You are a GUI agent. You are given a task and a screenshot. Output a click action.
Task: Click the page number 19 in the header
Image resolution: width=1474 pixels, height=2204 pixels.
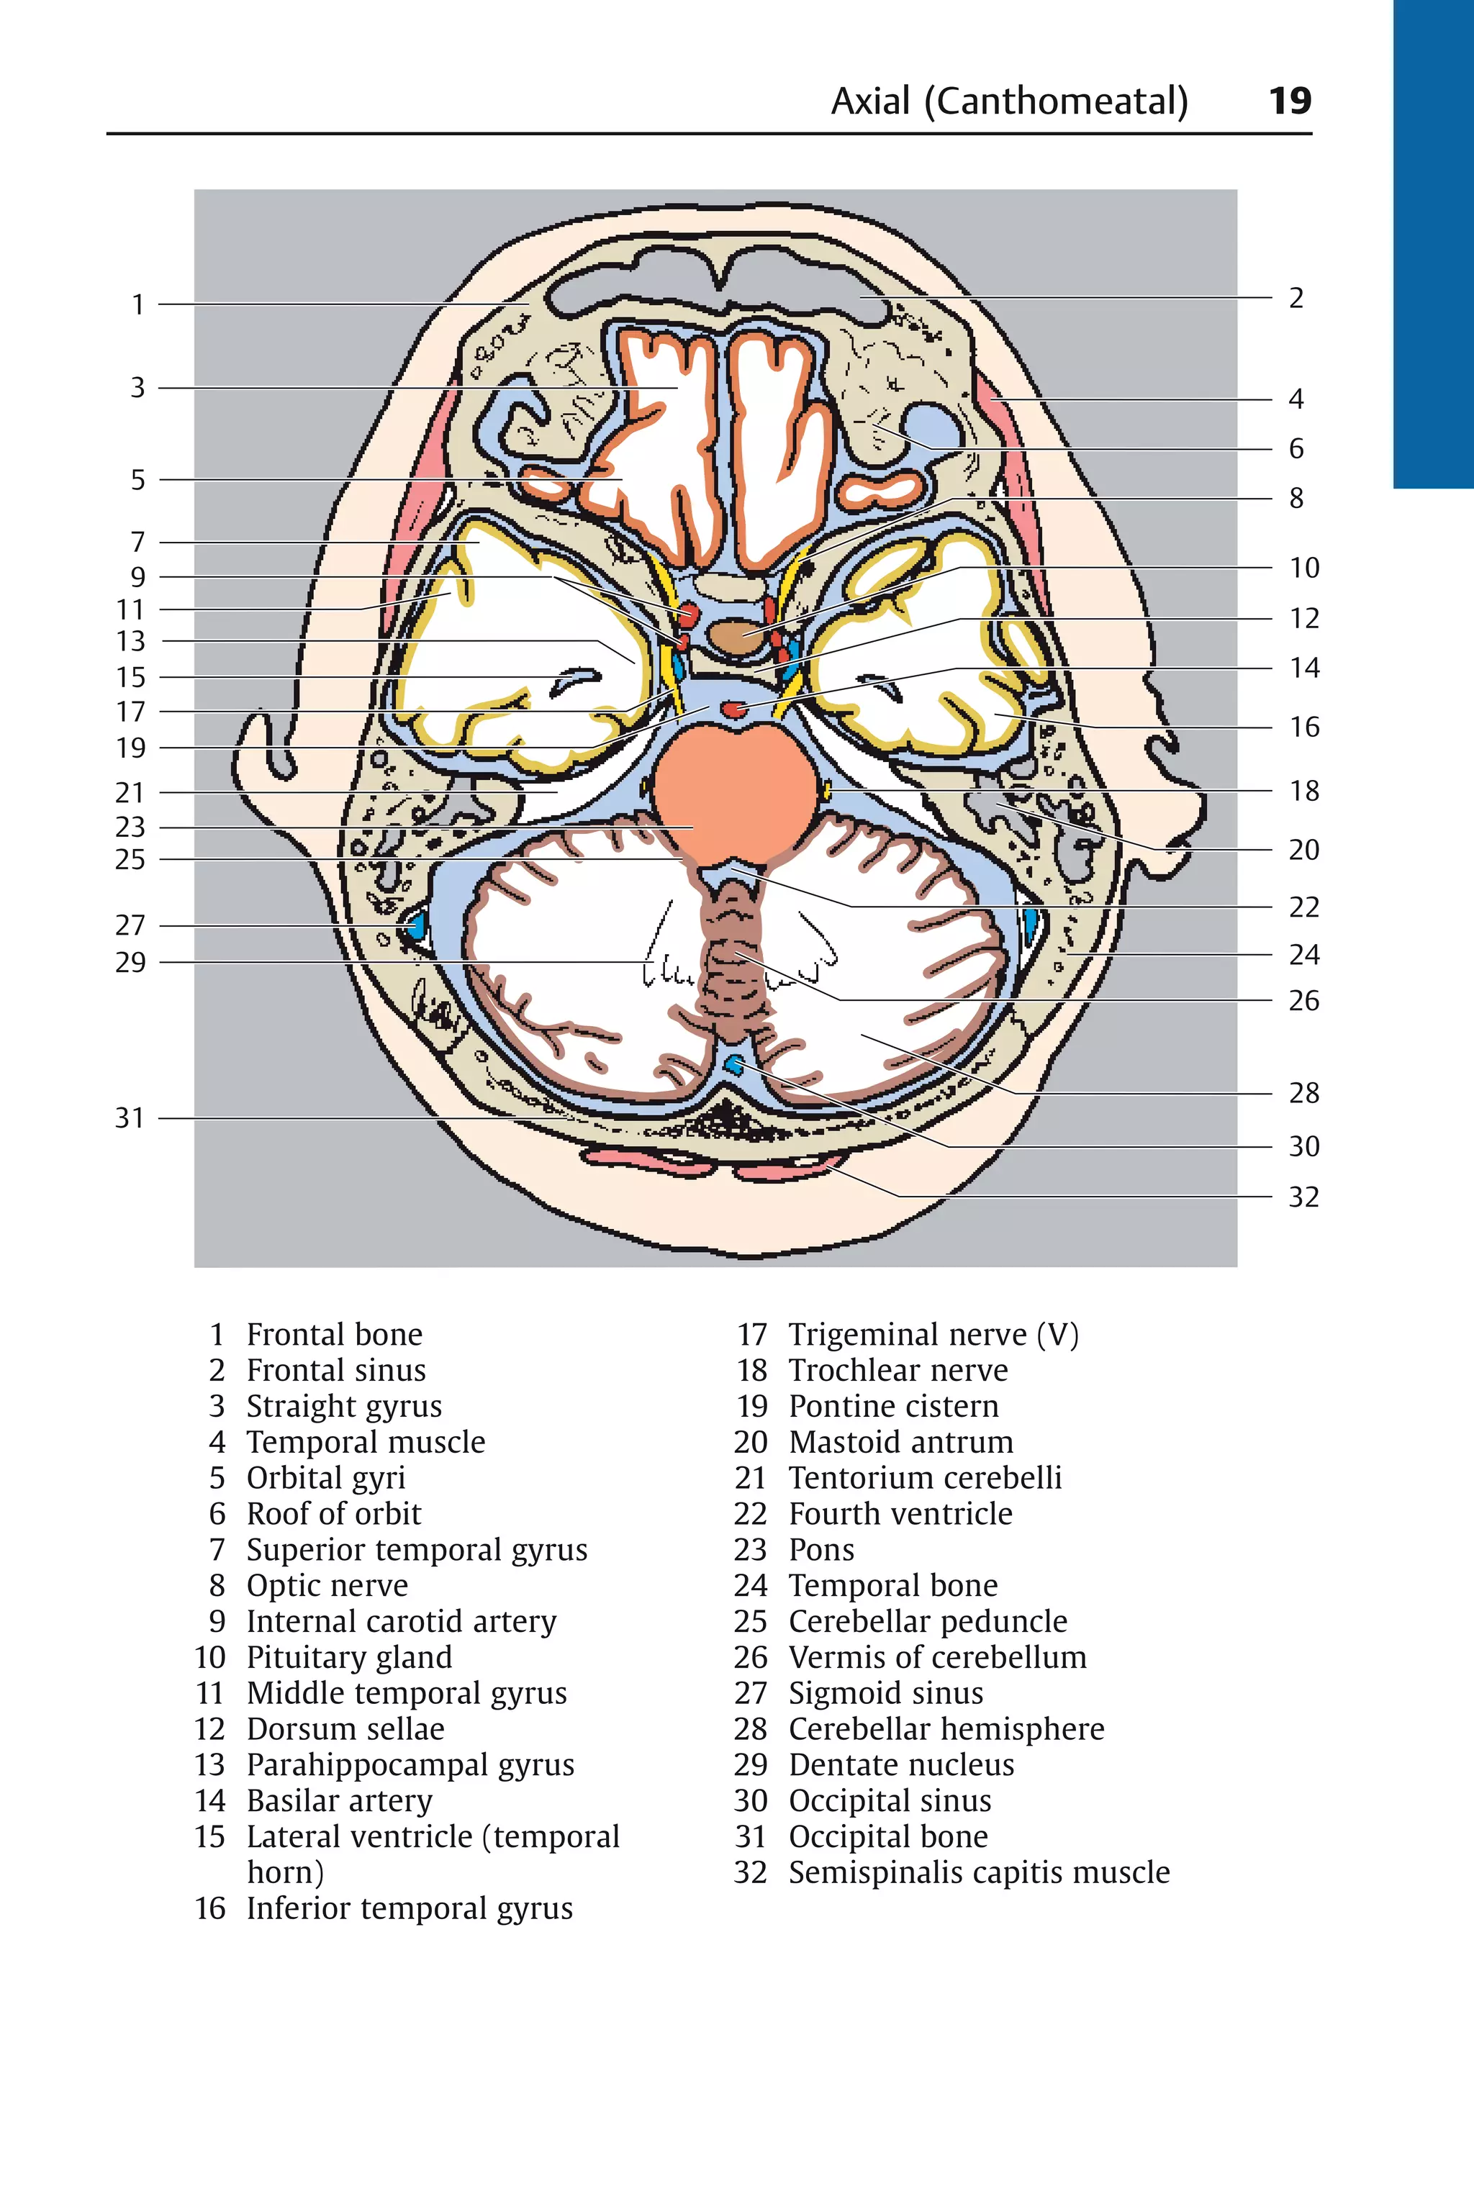click(1289, 101)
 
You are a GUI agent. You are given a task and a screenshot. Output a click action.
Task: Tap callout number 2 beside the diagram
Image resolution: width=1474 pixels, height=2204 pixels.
click(1296, 298)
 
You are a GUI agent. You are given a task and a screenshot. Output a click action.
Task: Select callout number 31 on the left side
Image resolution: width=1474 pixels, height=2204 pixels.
click(130, 1118)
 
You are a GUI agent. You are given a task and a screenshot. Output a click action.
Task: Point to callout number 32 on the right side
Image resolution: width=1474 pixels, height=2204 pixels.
click(1303, 1197)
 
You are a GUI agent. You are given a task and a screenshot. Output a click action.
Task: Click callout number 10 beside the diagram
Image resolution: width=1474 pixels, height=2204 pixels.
click(1303, 568)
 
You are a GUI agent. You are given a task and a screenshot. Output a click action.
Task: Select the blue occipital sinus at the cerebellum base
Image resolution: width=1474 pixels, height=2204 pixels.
click(734, 1065)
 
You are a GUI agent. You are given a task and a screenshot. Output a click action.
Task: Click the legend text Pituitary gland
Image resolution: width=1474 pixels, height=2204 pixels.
click(349, 1657)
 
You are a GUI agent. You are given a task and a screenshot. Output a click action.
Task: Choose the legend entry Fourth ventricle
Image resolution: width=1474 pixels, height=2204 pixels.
click(900, 1514)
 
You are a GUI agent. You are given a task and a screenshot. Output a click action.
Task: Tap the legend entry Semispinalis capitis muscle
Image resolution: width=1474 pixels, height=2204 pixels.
click(979, 1872)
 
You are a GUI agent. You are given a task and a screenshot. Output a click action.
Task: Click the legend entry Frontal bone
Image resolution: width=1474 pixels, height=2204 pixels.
click(334, 1335)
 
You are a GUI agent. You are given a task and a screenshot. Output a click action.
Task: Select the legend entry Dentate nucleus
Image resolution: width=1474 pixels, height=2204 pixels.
click(900, 1765)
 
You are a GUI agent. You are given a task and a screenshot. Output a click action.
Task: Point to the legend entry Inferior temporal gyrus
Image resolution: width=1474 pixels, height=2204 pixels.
click(409, 1909)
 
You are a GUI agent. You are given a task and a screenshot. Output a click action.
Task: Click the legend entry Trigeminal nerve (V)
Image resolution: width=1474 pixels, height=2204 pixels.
click(933, 1335)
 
